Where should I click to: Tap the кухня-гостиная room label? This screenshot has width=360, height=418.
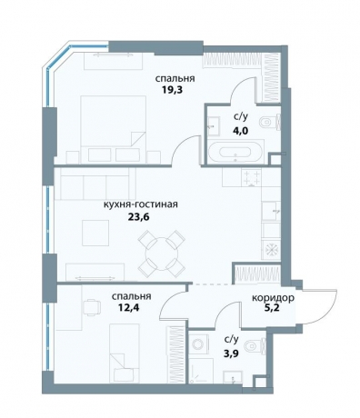141,204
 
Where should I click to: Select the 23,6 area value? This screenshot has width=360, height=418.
139,217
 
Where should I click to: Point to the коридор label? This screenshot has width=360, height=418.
273,298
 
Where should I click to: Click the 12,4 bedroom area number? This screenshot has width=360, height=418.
128,308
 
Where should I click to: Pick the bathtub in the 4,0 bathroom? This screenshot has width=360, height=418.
235,152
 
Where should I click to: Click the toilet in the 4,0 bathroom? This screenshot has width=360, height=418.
269,123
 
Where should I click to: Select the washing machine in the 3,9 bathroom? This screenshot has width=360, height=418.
200,344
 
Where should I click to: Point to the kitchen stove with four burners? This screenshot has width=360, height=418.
252,178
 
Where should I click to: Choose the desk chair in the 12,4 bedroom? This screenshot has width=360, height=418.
92,307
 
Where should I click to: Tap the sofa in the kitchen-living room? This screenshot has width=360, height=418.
95,184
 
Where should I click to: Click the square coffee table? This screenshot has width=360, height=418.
95,233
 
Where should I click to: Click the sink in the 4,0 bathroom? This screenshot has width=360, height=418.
214,125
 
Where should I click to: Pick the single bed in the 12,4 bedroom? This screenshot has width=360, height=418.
125,353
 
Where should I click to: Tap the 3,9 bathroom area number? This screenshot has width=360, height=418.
230,353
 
